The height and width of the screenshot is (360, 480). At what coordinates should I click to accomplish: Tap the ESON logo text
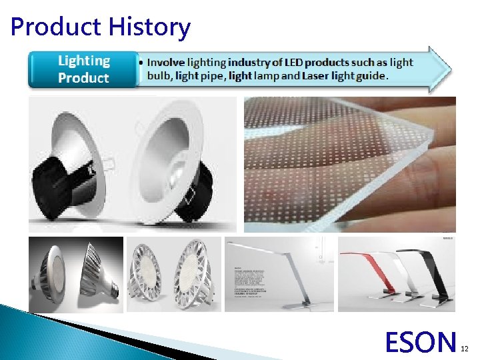[421, 342]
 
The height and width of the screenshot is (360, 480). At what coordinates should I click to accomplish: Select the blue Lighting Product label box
[83, 69]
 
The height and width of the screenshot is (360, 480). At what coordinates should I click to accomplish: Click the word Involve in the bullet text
[166, 63]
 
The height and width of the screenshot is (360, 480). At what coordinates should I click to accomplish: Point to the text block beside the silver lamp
[253, 283]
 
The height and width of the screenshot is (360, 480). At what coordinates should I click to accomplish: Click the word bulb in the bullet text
[159, 76]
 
